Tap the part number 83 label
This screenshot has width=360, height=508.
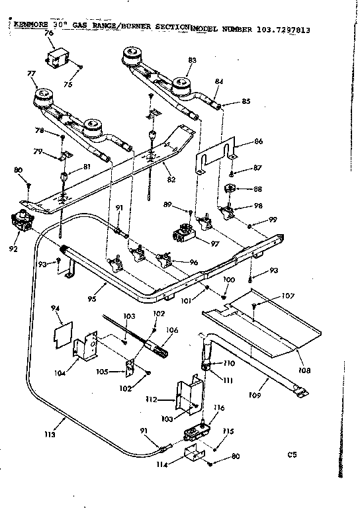coord(193,60)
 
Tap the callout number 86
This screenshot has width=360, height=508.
coord(258,142)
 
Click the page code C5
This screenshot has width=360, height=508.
coord(292,455)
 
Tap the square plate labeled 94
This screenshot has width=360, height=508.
coord(62,330)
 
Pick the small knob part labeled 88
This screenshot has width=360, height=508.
coord(232,189)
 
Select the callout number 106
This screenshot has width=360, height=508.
coord(171,329)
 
